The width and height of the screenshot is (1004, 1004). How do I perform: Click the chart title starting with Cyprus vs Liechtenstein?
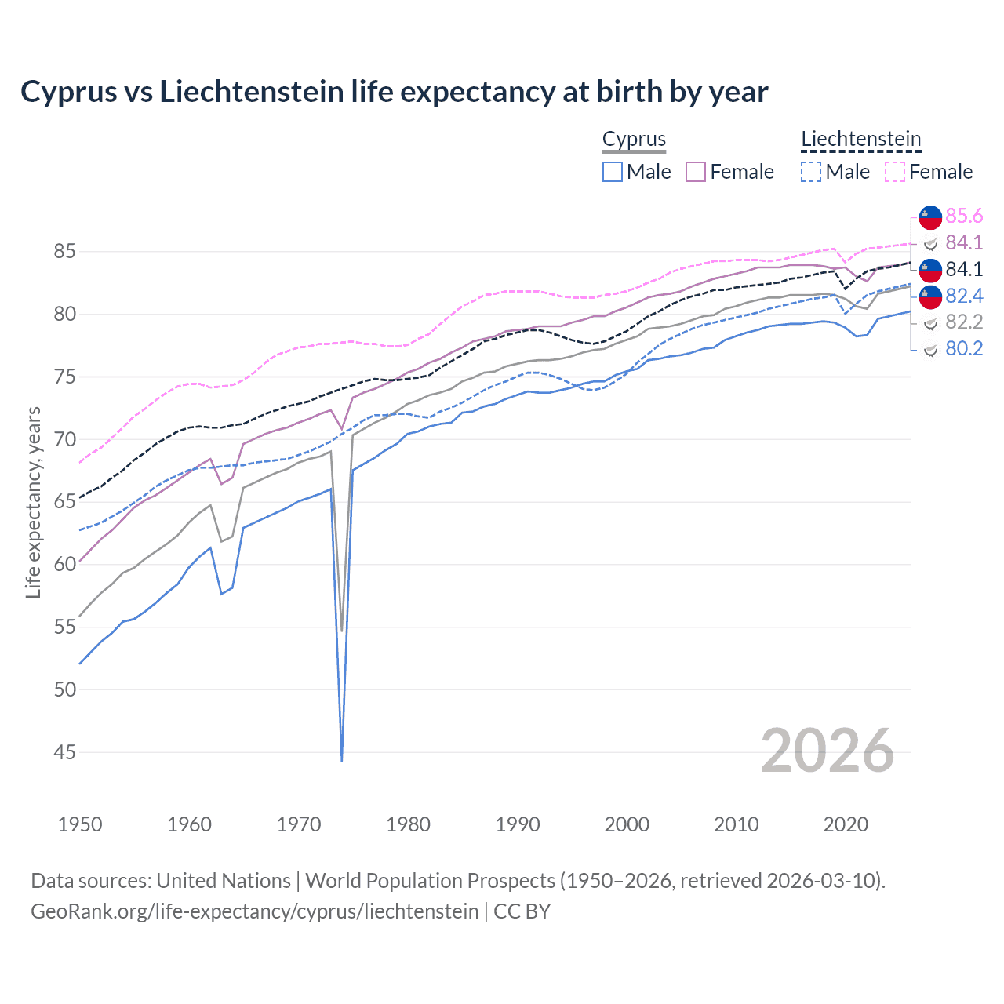click(394, 92)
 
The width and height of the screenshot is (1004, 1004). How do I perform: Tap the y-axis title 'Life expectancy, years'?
click(33, 502)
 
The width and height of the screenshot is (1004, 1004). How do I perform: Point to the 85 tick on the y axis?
click(64, 252)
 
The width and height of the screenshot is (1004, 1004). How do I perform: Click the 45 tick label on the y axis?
click(64, 752)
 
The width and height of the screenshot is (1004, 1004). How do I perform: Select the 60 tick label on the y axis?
click(64, 565)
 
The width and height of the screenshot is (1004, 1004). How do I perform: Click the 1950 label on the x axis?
click(80, 824)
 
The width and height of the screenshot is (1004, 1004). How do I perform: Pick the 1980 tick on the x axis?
click(408, 824)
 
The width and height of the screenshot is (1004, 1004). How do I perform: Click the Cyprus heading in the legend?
click(634, 139)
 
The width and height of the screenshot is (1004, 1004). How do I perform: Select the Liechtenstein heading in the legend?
click(860, 139)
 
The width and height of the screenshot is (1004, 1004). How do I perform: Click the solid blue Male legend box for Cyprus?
click(613, 172)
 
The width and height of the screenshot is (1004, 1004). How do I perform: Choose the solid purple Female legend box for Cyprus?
click(696, 172)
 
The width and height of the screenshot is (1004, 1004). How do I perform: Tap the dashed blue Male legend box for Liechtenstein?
click(811, 172)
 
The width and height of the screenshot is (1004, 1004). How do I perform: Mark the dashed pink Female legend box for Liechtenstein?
click(895, 172)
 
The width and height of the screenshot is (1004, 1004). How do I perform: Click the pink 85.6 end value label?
click(964, 216)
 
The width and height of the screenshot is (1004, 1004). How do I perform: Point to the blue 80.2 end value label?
click(964, 348)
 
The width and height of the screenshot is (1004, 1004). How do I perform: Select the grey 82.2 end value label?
click(964, 322)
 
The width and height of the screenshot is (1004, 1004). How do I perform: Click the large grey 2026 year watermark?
click(827, 751)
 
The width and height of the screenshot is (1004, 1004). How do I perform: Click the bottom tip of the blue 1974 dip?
click(342, 760)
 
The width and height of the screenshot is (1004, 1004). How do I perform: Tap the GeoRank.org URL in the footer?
click(254, 911)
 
